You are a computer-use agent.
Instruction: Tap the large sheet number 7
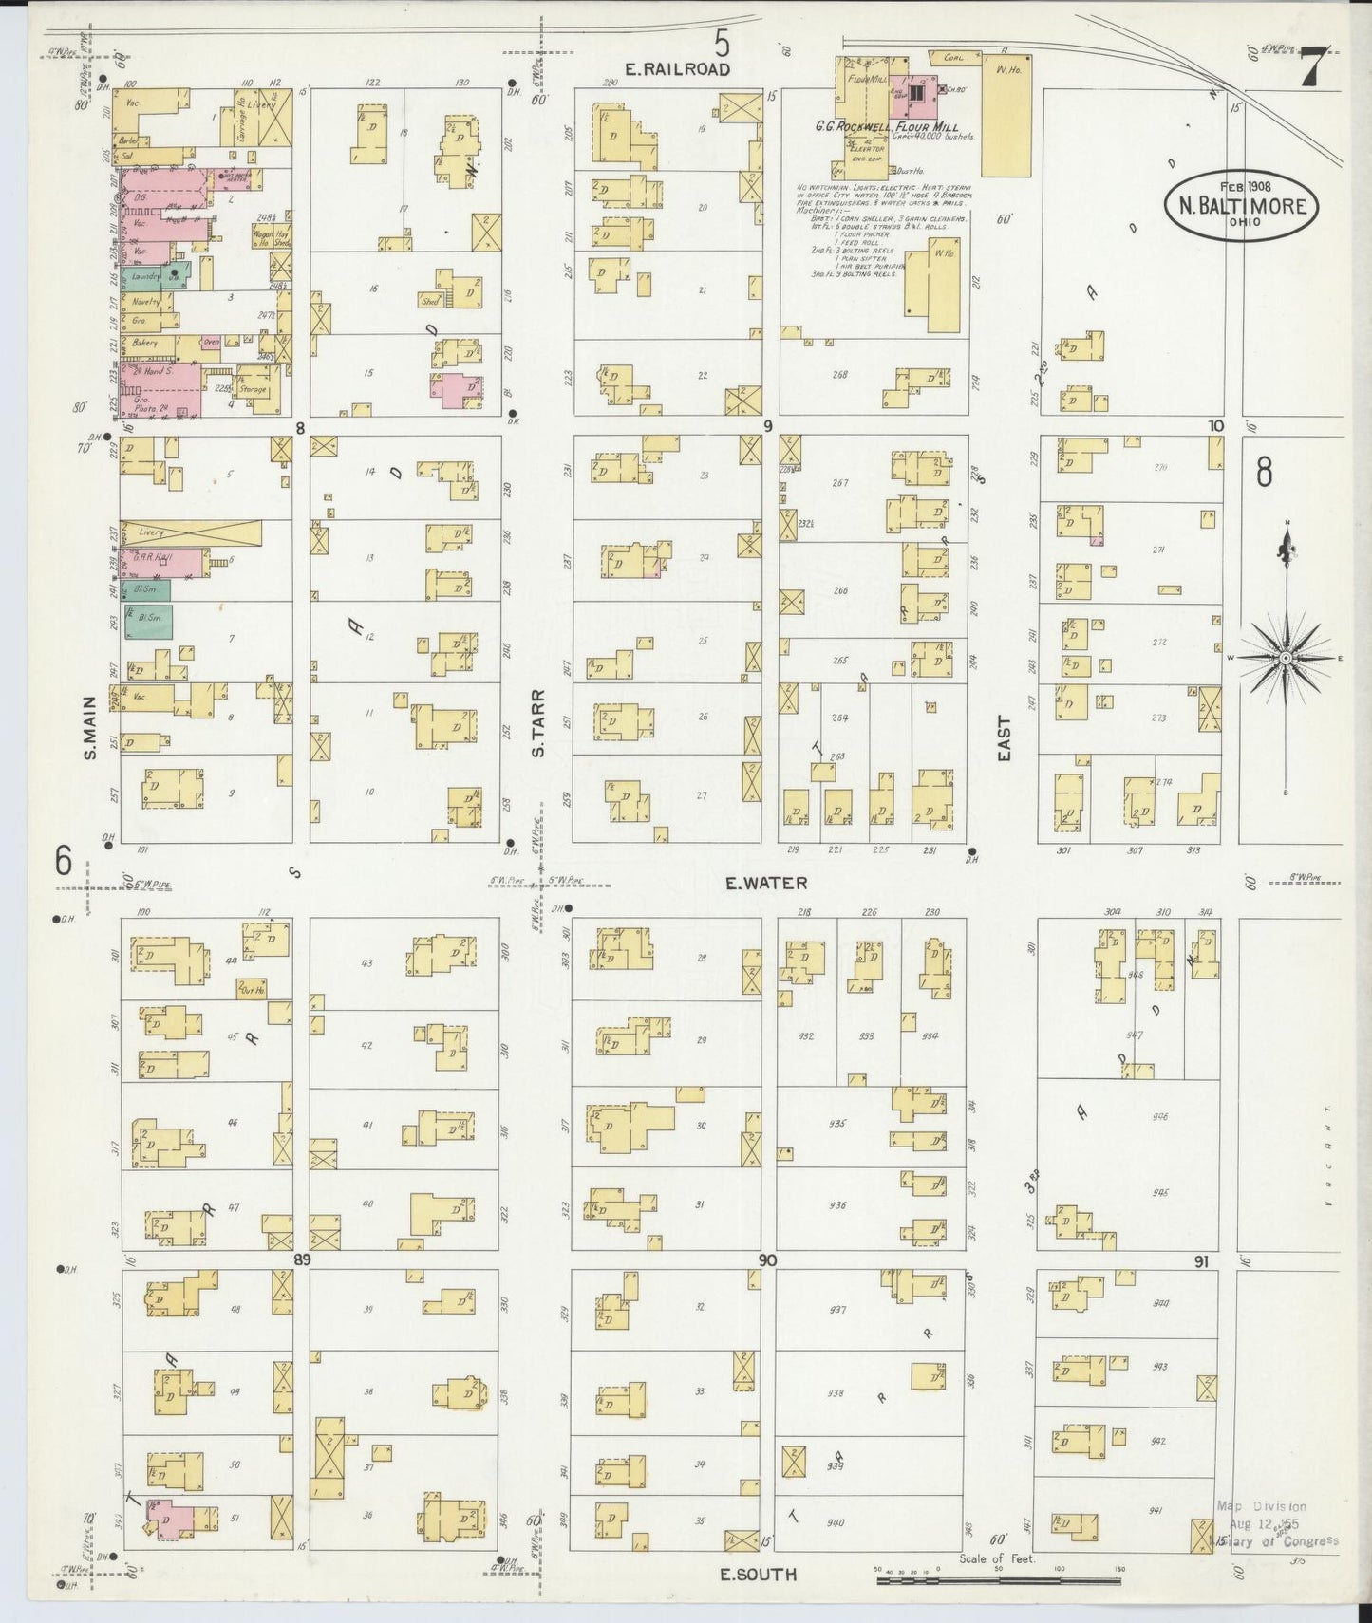pyautogui.click(x=1312, y=67)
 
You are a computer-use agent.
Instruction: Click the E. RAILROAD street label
pyautogui.click(x=678, y=69)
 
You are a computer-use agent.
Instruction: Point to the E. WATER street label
pyautogui.click(x=765, y=883)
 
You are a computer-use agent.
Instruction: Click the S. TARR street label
pyautogui.click(x=537, y=736)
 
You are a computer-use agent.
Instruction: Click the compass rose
pyautogui.click(x=1286, y=657)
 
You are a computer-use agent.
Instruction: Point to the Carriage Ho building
pyautogui.click(x=241, y=123)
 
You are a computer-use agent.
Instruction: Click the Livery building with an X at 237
pyautogui.click(x=190, y=532)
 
